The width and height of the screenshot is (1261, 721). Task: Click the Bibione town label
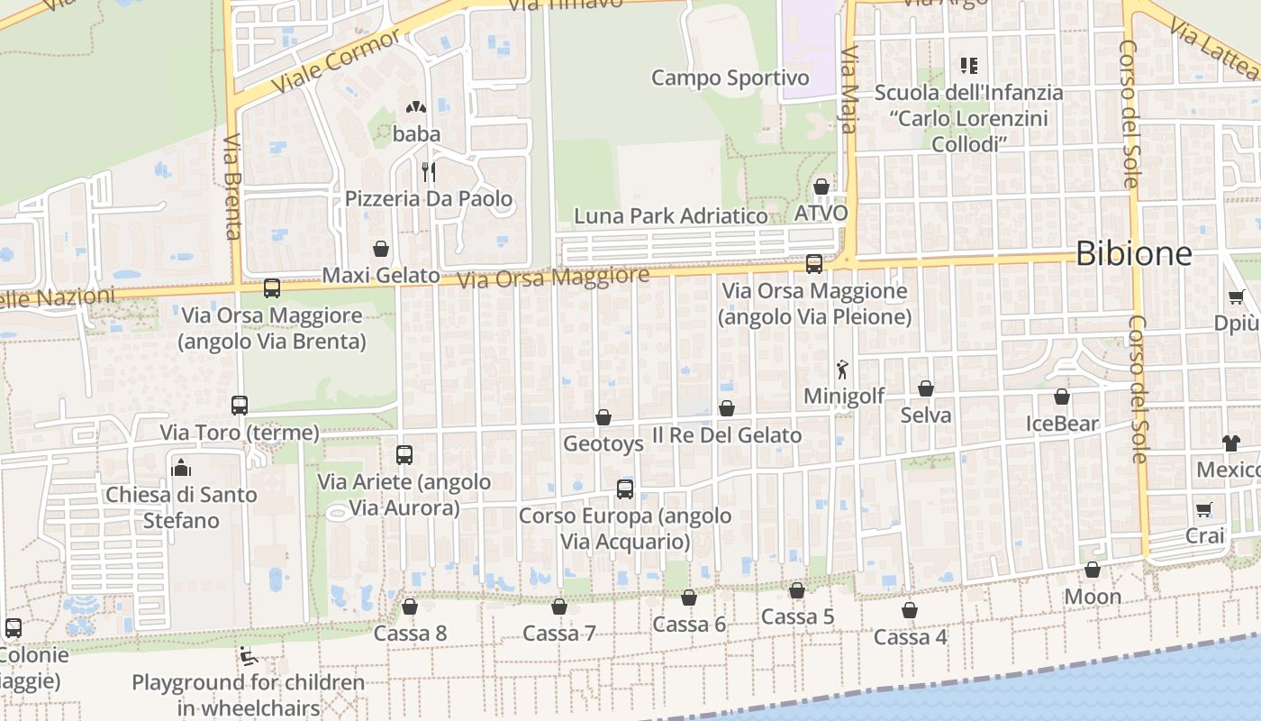coord(1133,253)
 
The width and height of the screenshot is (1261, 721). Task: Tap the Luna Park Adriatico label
coord(671,216)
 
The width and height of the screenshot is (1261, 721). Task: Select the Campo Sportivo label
coord(730,78)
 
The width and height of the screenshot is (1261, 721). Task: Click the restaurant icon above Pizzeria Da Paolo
coord(429,171)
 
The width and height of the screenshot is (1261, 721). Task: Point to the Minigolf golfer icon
coord(843,369)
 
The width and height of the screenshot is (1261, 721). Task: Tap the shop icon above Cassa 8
coord(410,607)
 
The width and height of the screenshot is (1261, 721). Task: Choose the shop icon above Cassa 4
coord(910,610)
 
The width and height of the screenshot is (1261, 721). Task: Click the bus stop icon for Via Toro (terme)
coord(240,406)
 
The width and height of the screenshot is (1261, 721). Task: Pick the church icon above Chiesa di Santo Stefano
coord(181,467)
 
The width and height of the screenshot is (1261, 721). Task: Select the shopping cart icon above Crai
coord(1204,509)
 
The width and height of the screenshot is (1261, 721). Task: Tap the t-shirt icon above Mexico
coord(1231,443)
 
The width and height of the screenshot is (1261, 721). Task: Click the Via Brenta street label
coord(232,187)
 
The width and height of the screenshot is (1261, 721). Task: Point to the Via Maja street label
coord(848,90)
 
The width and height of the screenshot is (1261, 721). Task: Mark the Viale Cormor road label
coord(336,61)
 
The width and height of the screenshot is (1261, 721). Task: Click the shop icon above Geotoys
coord(603,417)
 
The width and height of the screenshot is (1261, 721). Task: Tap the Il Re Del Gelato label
coord(726,435)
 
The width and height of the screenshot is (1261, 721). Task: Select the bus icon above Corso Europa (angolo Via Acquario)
coord(625,489)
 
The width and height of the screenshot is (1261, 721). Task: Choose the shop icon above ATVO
coord(821,187)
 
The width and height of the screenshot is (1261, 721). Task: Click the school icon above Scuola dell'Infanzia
coord(969,65)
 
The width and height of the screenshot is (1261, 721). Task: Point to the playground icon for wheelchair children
coord(249,655)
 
